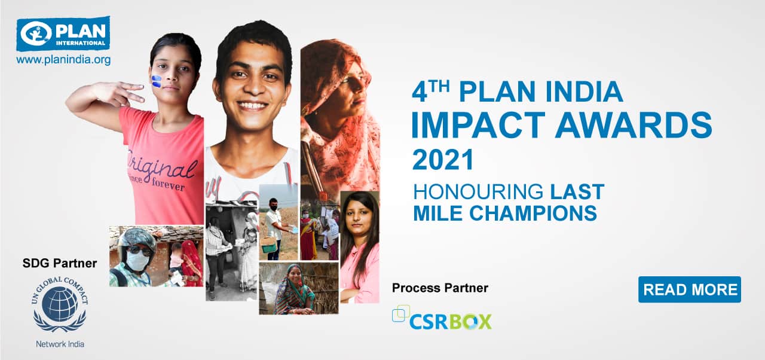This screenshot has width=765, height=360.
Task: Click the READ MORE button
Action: (690, 289)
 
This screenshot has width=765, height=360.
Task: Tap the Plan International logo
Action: (63, 33)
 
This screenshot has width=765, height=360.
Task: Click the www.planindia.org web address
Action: (63, 60)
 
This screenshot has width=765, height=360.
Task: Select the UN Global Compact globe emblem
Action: (60, 304)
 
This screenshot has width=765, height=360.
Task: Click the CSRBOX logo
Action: (442, 318)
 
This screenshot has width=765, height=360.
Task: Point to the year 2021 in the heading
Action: (443, 159)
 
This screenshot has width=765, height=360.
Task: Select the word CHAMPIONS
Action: (533, 213)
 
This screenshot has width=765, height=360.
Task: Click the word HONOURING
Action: (478, 191)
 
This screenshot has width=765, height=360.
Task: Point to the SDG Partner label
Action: (60, 263)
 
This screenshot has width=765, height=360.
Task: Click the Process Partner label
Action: (440, 288)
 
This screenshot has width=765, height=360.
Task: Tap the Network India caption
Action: (60, 344)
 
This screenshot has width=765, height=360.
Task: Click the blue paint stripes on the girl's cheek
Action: (156, 81)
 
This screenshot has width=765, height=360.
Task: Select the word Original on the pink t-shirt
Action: (161, 166)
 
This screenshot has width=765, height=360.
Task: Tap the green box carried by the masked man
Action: (268, 245)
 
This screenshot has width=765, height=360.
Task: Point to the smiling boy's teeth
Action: (252, 106)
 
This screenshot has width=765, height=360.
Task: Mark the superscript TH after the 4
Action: (439, 87)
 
